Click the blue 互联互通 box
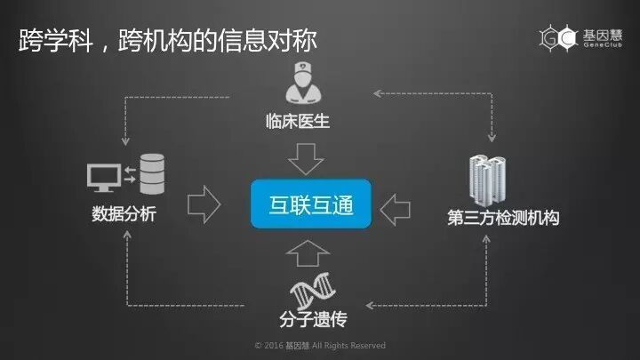point(310,206)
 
